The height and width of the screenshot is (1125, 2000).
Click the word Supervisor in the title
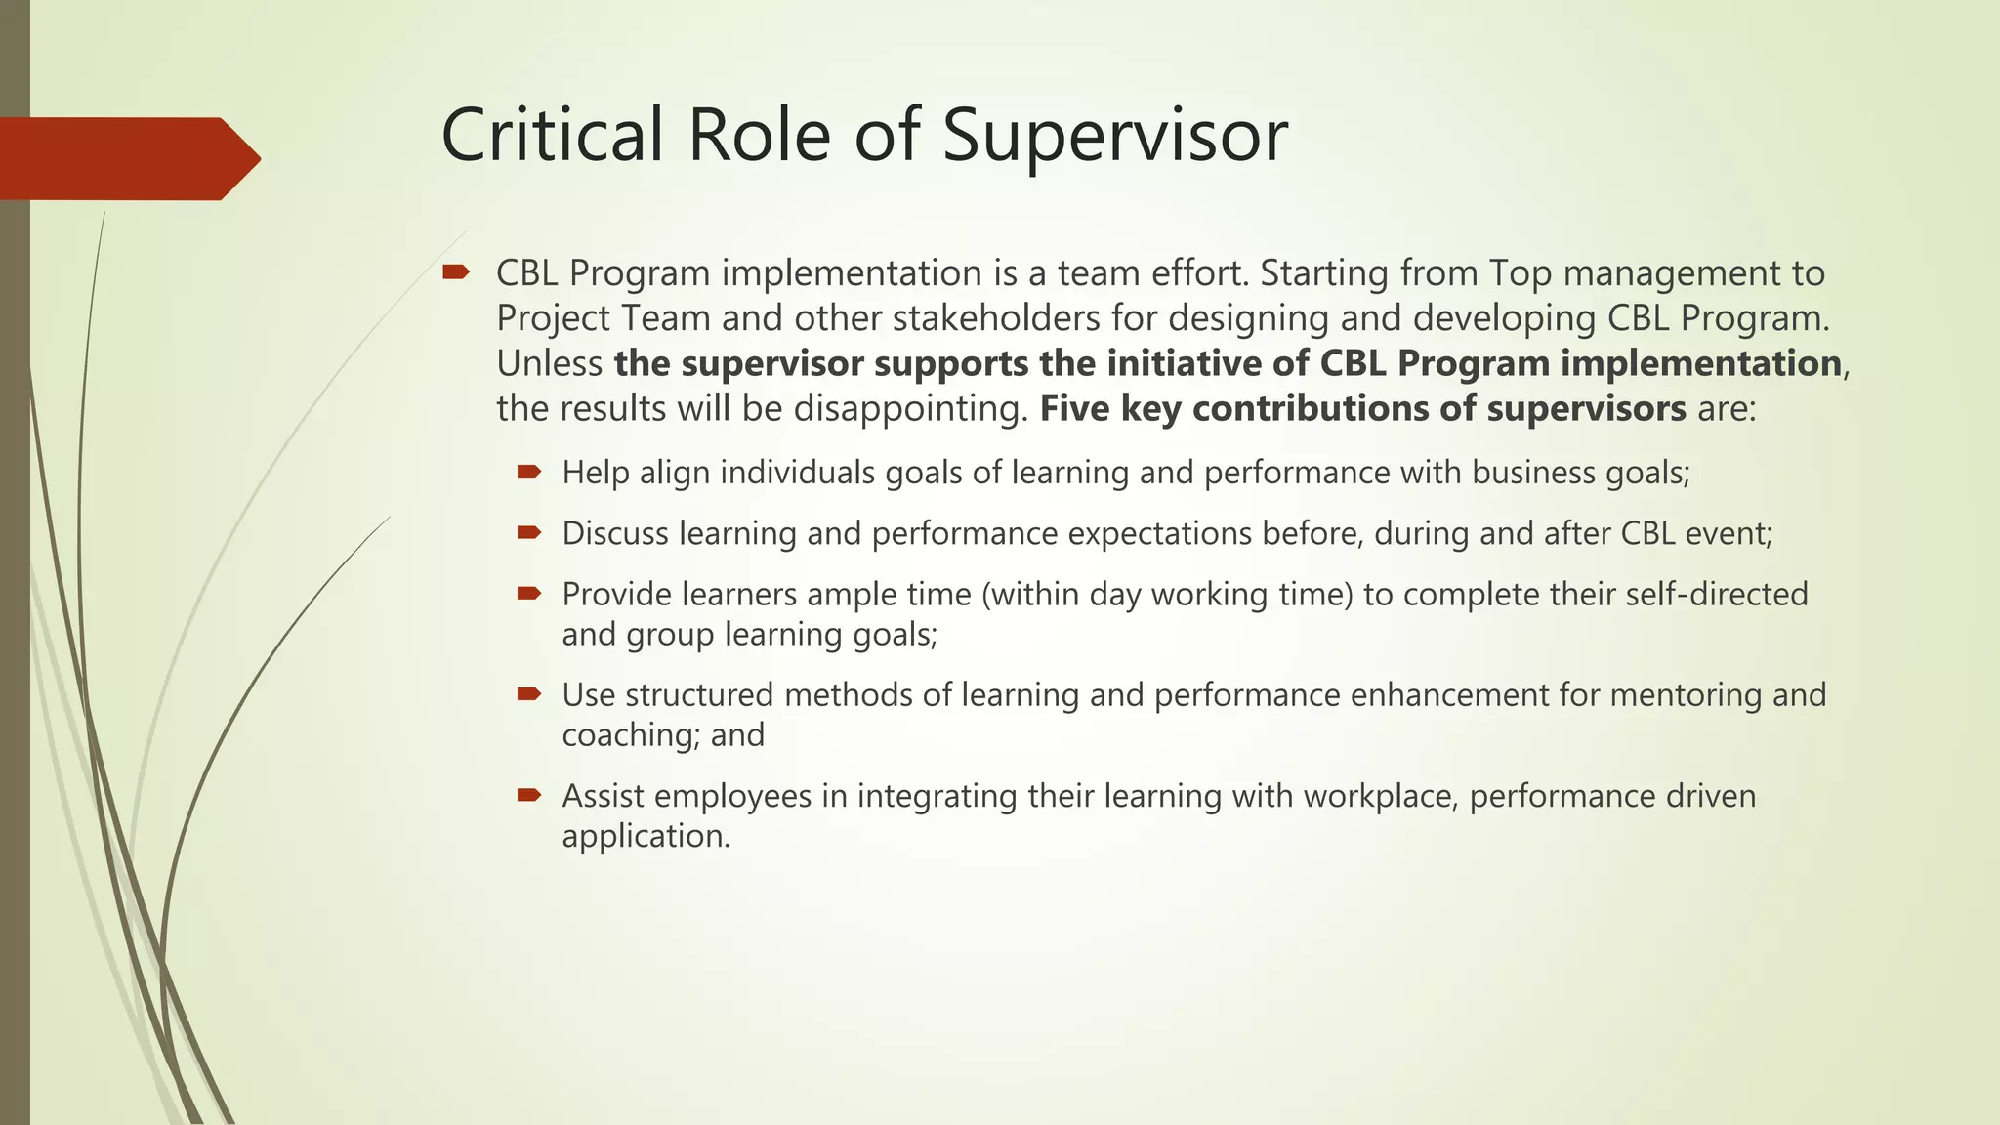point(1114,137)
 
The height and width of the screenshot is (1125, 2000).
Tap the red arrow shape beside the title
point(127,158)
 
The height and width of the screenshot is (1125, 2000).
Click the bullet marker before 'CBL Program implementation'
point(456,271)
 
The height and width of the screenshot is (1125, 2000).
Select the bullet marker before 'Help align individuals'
point(528,472)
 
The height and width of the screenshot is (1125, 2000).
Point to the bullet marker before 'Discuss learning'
point(528,532)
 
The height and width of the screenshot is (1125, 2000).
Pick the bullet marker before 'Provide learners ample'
point(528,593)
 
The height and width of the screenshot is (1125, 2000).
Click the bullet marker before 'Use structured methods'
point(528,694)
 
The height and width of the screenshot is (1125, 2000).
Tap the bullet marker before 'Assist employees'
point(528,795)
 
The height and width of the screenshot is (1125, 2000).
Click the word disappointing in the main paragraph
point(909,408)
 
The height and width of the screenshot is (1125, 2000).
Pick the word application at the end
point(645,837)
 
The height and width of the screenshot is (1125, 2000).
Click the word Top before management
point(1521,273)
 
